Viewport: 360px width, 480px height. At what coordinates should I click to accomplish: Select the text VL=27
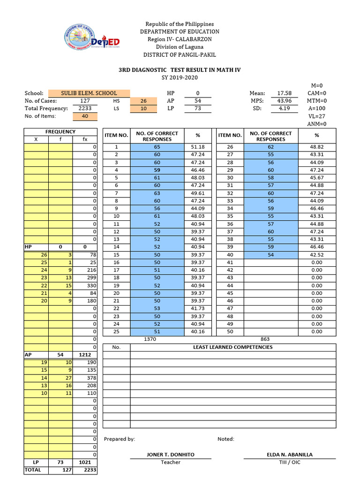coord(317,116)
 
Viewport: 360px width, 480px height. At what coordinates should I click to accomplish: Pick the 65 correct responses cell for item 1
coord(157,147)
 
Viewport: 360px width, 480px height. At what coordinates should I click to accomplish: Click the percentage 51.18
coord(198,147)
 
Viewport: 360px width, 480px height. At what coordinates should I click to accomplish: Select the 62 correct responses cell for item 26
coord(270,147)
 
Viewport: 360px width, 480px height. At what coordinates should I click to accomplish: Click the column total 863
coord(265,339)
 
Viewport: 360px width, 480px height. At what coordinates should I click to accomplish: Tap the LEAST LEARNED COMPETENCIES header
coord(232,347)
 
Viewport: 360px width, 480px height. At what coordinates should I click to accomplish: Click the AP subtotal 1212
coord(85,355)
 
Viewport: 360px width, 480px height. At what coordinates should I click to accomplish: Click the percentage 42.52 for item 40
coord(317,255)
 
